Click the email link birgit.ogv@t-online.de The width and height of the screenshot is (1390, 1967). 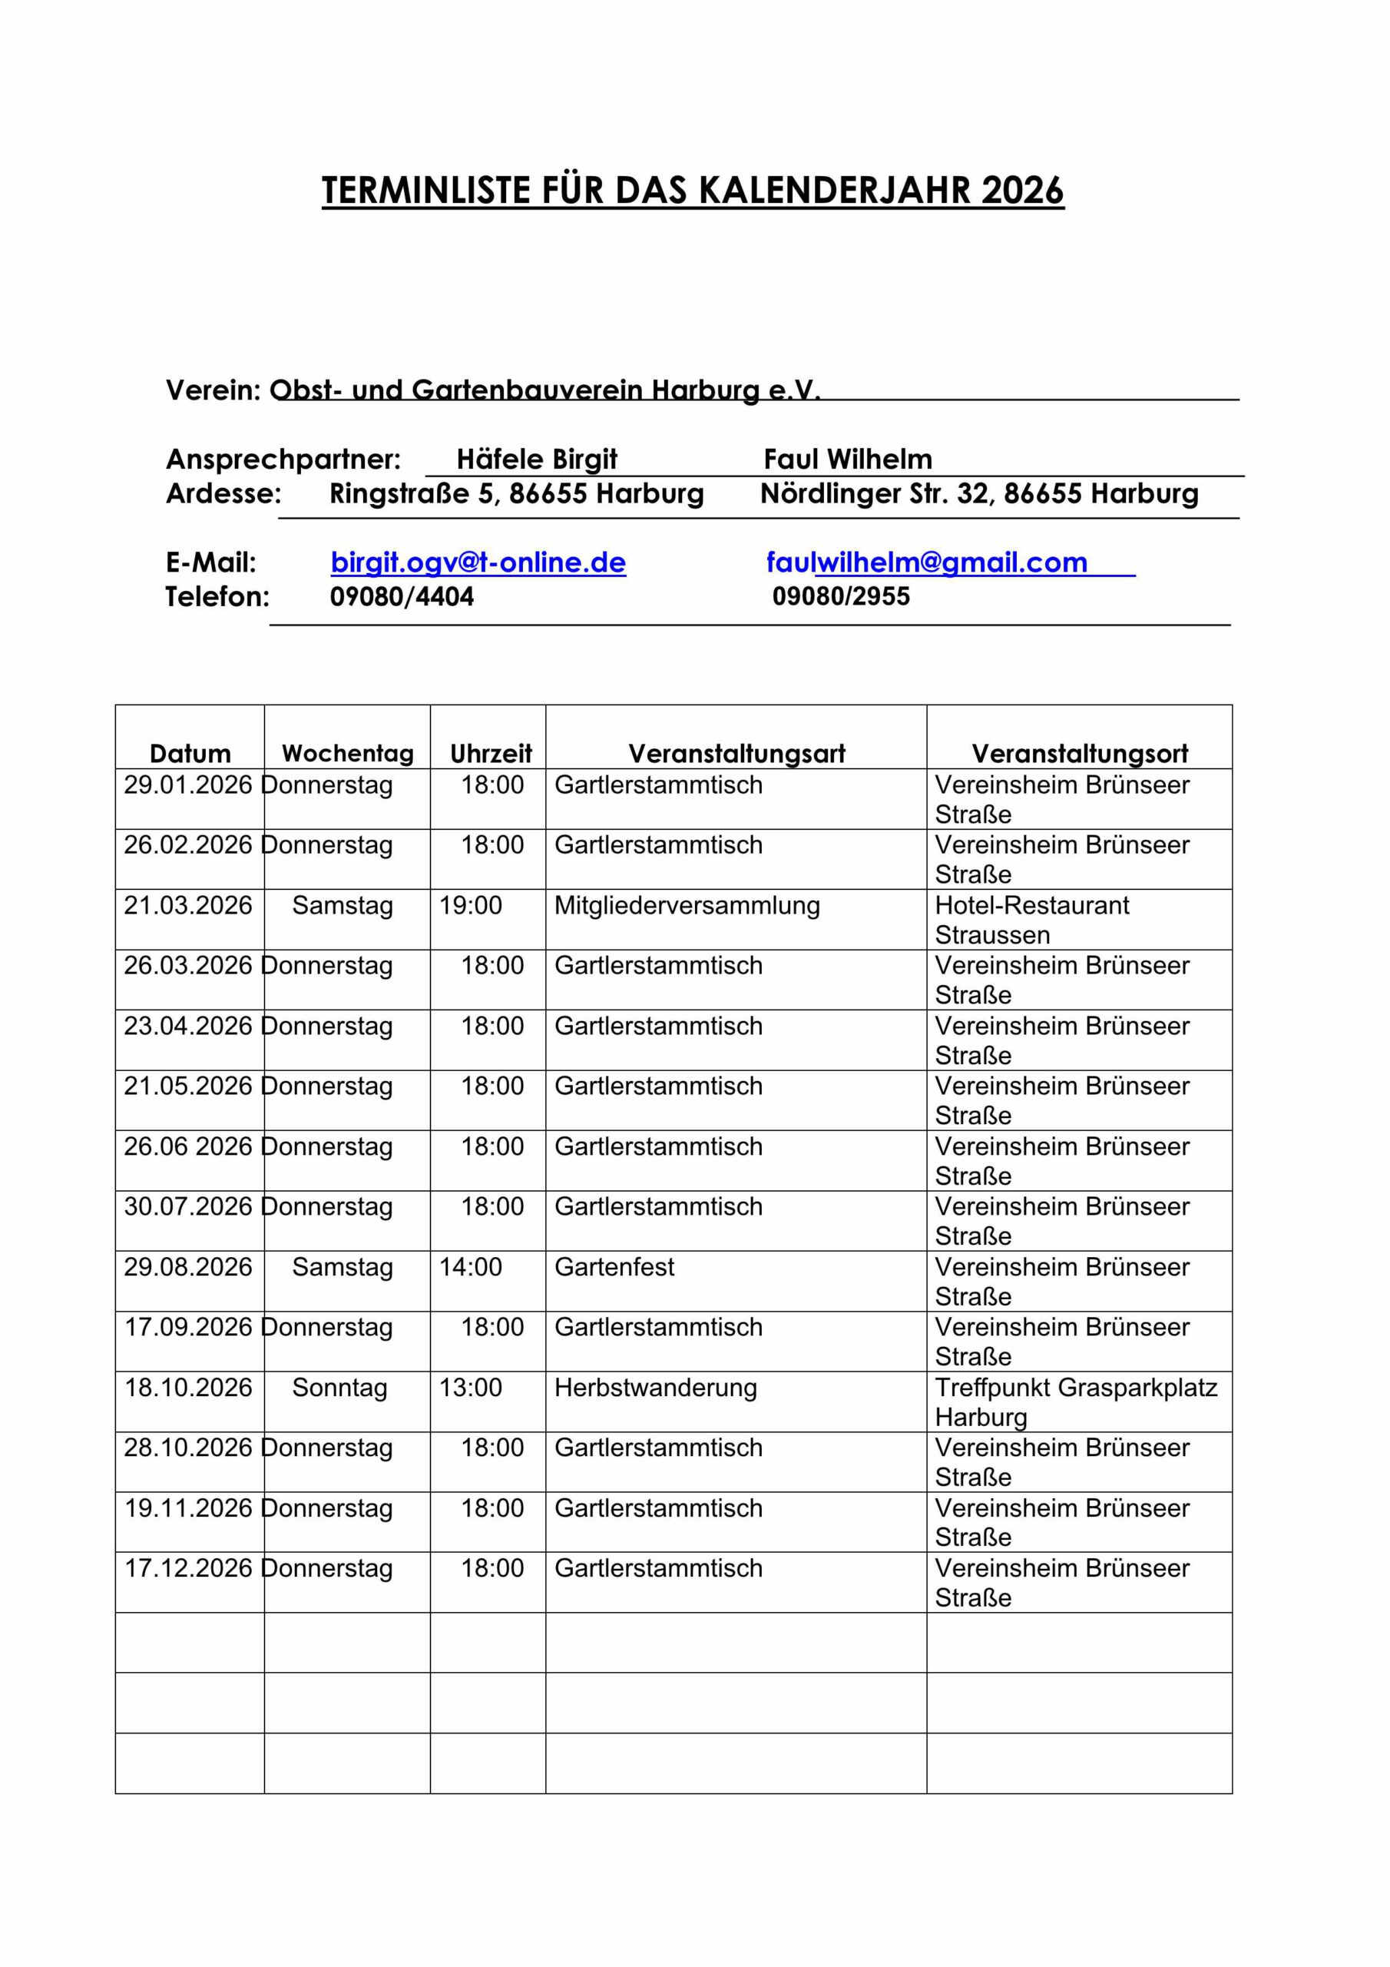tap(478, 563)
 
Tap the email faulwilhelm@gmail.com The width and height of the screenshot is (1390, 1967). tap(927, 563)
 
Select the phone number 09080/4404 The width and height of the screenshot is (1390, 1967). tap(402, 596)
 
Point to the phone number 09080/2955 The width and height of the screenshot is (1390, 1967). tap(841, 596)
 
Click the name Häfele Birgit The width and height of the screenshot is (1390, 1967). tap(536, 459)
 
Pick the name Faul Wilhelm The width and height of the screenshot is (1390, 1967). tap(848, 459)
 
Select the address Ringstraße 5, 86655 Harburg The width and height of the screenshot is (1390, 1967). tap(516, 493)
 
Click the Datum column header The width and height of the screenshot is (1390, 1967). tap(190, 753)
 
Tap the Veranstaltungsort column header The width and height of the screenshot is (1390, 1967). tap(1079, 753)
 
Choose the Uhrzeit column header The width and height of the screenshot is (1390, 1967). tap(491, 753)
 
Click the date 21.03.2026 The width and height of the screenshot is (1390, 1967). tap(188, 906)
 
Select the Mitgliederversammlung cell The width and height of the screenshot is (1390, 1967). tap(687, 906)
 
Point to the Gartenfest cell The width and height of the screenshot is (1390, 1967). tap(614, 1267)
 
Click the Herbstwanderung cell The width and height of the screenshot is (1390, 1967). tap(655, 1388)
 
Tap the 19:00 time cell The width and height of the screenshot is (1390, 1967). tap(470, 906)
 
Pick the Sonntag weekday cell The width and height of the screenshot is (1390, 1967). tap(339, 1388)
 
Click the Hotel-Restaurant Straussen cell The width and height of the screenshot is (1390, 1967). tap(1032, 919)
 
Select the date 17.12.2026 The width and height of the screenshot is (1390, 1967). tap(188, 1569)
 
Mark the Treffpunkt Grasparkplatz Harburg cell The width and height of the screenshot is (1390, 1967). tap(1076, 1401)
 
